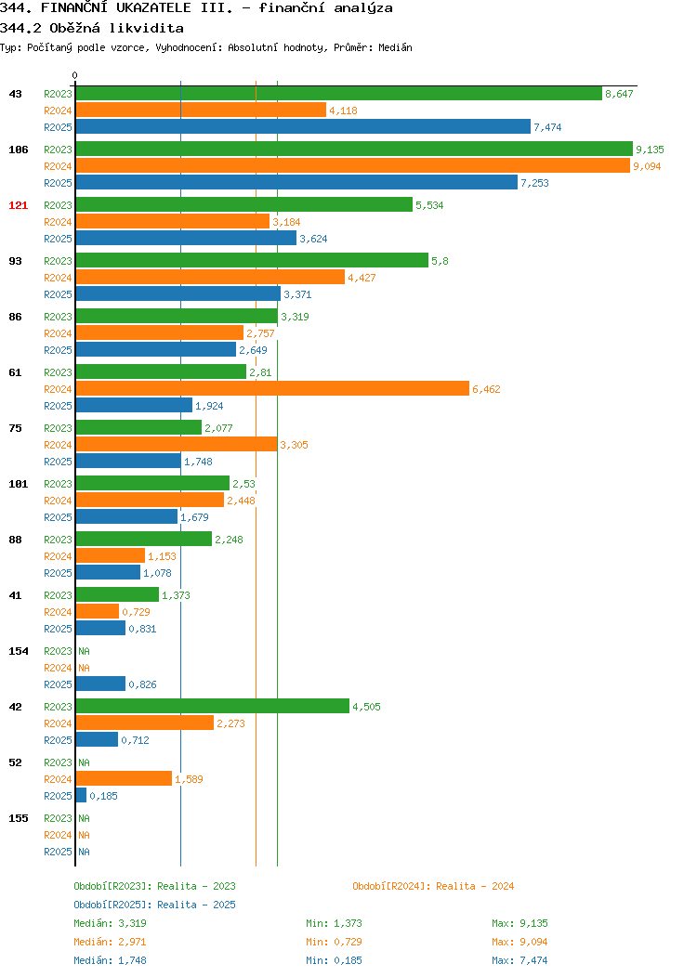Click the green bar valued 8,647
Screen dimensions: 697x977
[x=339, y=94]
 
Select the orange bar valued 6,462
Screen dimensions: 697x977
[x=272, y=389]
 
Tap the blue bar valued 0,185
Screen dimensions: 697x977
[x=81, y=795]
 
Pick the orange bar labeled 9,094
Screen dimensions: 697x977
[x=353, y=165]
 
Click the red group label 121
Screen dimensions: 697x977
[x=18, y=205]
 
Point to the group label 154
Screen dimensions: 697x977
[x=18, y=651]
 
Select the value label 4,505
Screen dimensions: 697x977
[x=366, y=707]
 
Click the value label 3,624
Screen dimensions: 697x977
[x=313, y=239]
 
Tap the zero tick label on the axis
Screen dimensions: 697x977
[x=75, y=75]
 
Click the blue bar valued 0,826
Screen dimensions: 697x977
[x=100, y=684]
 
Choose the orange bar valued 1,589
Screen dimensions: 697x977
[x=124, y=778]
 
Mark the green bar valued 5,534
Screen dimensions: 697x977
[x=244, y=204]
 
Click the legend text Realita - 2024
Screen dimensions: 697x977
[x=475, y=886]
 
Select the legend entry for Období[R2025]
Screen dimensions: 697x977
[x=154, y=905]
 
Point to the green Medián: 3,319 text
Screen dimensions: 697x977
[x=111, y=923]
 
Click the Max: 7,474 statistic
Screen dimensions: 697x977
[x=519, y=961]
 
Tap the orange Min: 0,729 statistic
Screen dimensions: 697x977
[x=335, y=942]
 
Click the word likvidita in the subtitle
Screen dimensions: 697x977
[x=147, y=28]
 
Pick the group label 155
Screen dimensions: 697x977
[x=18, y=818]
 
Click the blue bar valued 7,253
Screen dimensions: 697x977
[x=296, y=182]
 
